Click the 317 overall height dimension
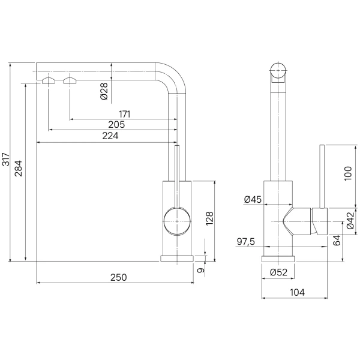(x=6, y=159)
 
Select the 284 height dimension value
(x=19, y=168)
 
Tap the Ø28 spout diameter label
(x=104, y=91)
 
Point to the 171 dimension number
(x=124, y=114)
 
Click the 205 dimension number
(x=116, y=125)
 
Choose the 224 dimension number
(x=110, y=136)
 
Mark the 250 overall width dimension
(x=118, y=277)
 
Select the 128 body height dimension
(x=209, y=218)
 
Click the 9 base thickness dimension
(x=201, y=270)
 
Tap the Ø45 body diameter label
(x=253, y=199)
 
